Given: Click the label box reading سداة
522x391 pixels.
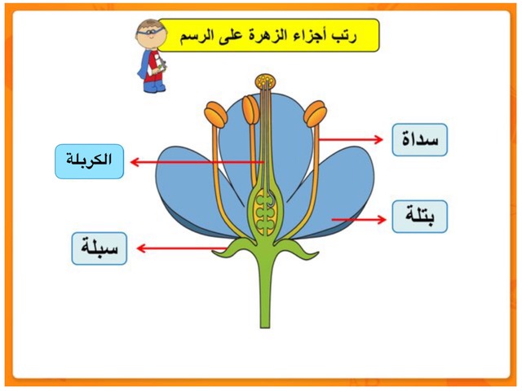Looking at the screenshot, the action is tap(419, 139).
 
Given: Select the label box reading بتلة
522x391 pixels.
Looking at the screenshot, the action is tap(419, 217).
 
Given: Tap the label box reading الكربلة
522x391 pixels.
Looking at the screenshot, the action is tap(89, 161).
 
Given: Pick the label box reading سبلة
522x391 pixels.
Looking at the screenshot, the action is tap(100, 248).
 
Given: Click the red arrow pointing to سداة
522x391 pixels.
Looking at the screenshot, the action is tap(351, 139).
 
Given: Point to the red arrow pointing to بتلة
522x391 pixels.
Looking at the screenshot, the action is tap(359, 219).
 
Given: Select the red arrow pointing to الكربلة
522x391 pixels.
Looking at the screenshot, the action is tap(197, 162).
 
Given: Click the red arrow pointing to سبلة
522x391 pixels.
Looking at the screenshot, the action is tap(182, 248).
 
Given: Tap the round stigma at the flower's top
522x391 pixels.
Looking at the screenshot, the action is tap(265, 81).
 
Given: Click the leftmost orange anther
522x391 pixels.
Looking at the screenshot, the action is tap(215, 114).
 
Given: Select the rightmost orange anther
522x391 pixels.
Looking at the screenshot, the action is tap(315, 114).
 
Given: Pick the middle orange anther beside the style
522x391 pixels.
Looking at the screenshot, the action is tap(250, 110).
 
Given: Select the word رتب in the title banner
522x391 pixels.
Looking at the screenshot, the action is tap(346, 36).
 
